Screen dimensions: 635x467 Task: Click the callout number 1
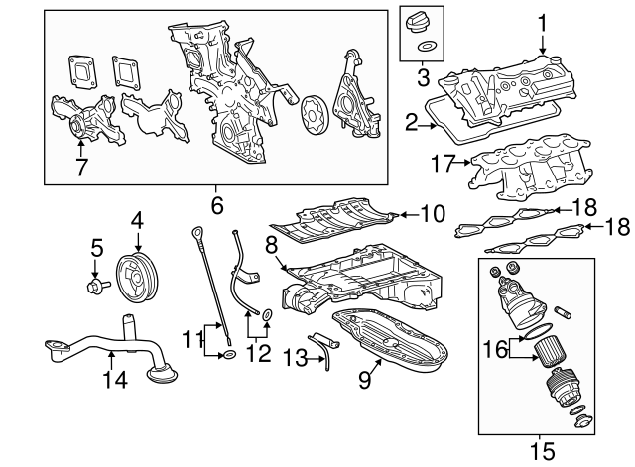[x=543, y=24]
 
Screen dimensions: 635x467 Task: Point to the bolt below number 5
[x=98, y=286]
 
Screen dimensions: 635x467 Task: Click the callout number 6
[x=217, y=206]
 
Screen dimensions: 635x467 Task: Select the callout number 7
[x=81, y=168]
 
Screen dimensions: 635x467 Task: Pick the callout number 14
[x=115, y=379]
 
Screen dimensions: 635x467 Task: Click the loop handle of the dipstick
[x=197, y=234]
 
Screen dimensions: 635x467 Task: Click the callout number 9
[x=364, y=380]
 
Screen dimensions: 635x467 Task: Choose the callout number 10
[x=433, y=214]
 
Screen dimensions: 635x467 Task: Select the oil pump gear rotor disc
[x=313, y=114]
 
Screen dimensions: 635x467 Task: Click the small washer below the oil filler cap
[x=425, y=47]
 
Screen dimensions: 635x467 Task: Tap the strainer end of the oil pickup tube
[x=163, y=374]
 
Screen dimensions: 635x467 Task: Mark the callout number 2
[x=411, y=123]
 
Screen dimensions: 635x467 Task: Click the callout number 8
[x=271, y=246]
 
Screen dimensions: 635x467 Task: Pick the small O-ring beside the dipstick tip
[x=229, y=355]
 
